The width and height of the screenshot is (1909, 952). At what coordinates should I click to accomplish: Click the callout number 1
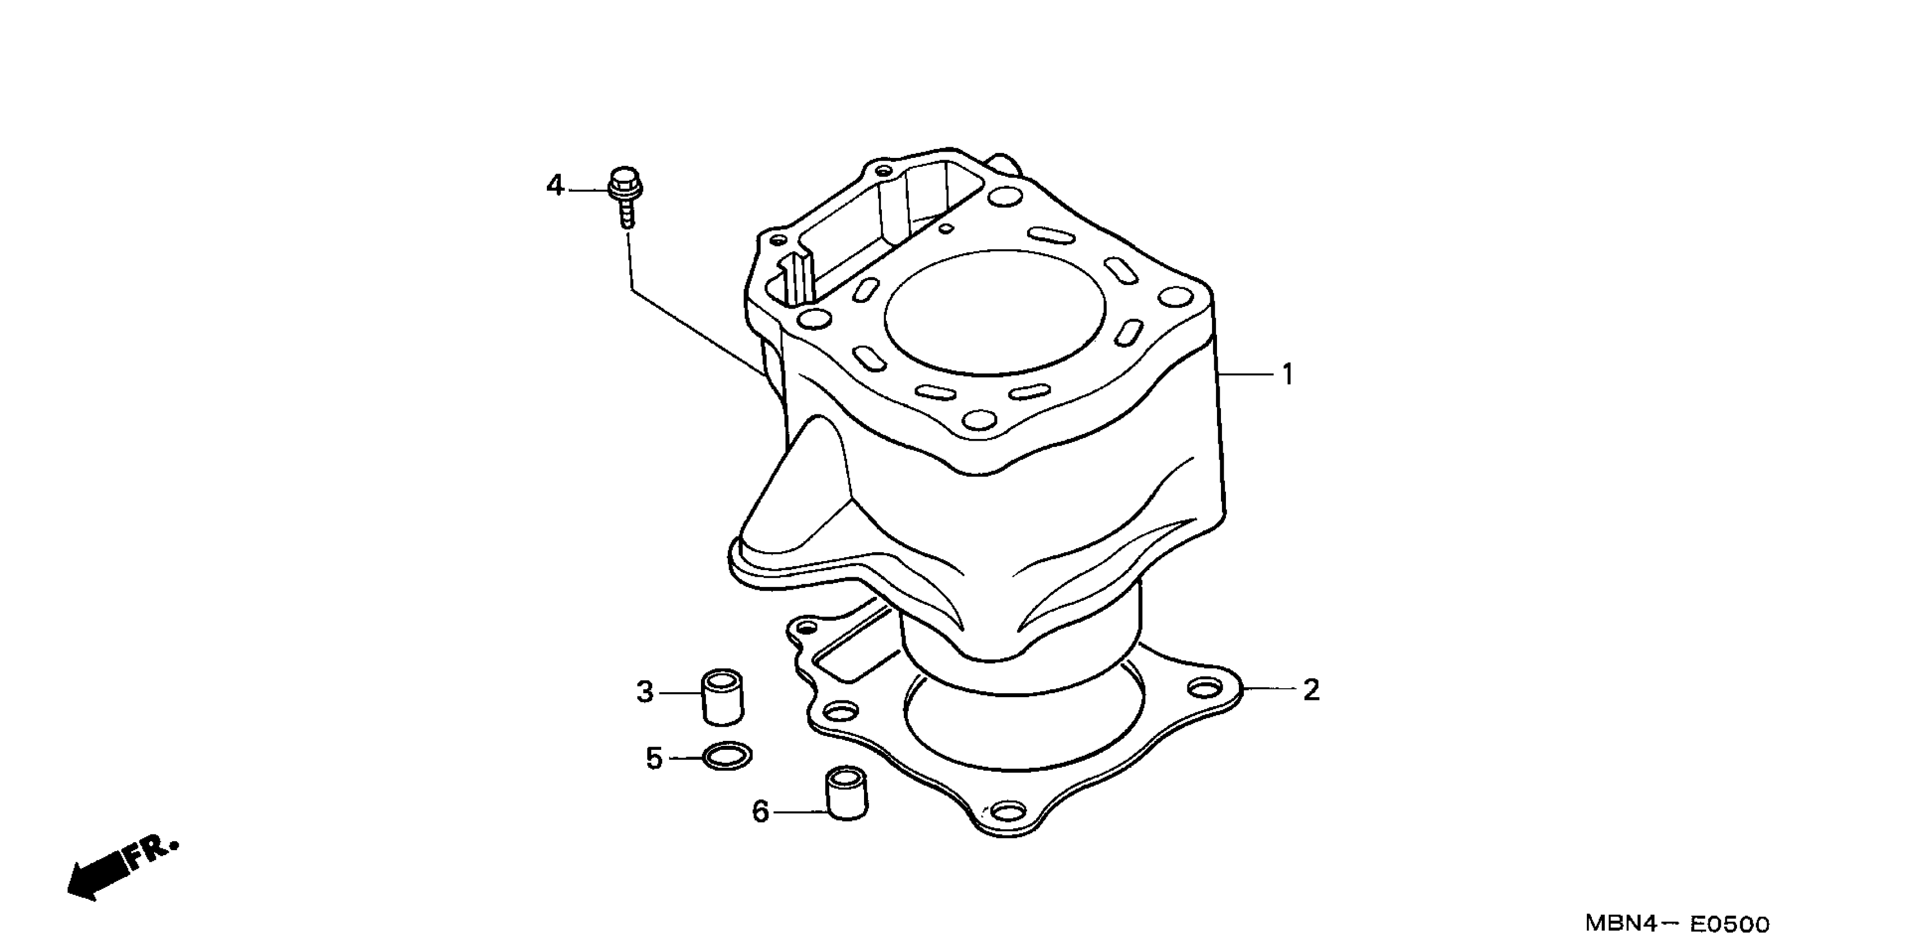pos(1288,375)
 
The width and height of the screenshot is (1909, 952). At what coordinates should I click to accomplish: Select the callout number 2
pos(1311,690)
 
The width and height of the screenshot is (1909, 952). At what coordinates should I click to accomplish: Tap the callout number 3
pos(645,693)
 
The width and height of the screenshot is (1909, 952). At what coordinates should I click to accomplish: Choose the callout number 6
pos(760,812)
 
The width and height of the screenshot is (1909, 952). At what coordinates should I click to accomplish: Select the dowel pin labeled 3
pos(722,697)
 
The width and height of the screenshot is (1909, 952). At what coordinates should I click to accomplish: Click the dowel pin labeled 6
pos(846,793)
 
